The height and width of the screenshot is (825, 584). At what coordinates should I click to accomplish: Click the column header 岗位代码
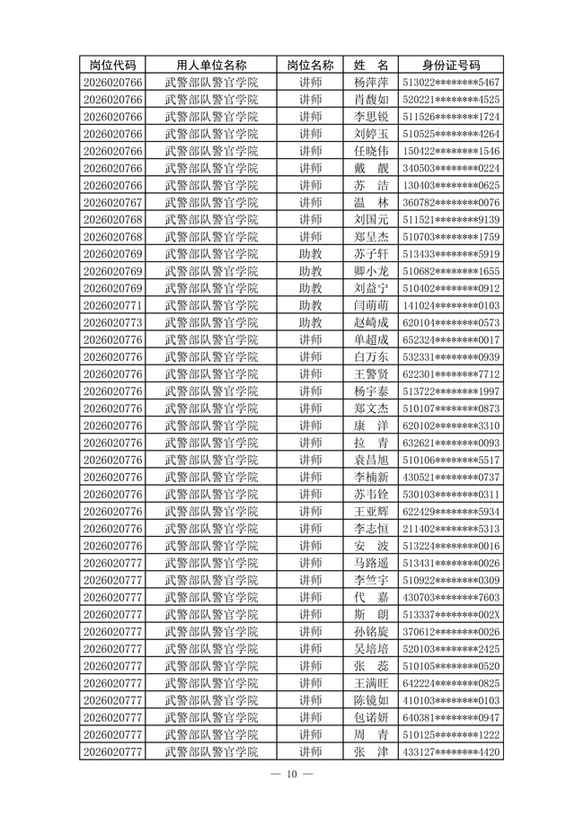(x=112, y=65)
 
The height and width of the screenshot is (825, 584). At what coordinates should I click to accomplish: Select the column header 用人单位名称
(x=211, y=65)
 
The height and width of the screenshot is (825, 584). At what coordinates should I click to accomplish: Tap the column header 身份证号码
(x=451, y=65)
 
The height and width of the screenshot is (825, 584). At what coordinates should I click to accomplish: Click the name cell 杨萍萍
(x=371, y=82)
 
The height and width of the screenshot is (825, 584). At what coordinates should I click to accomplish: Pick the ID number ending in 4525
(x=451, y=99)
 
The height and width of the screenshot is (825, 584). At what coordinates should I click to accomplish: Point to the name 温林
(x=371, y=202)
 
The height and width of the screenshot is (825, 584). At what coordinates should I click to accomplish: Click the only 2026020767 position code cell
(x=112, y=202)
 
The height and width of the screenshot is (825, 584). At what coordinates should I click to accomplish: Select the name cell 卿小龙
(x=371, y=271)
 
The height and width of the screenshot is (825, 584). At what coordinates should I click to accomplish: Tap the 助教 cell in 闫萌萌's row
(x=310, y=305)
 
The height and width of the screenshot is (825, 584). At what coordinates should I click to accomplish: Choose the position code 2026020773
(x=112, y=322)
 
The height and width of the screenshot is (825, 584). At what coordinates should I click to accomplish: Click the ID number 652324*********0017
(x=451, y=339)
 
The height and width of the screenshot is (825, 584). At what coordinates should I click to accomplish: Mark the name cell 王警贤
(x=371, y=373)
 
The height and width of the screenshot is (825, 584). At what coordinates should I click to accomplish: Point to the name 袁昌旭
(x=371, y=460)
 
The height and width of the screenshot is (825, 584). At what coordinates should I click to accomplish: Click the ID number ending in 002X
(x=451, y=614)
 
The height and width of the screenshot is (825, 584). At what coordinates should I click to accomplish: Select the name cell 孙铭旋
(x=371, y=631)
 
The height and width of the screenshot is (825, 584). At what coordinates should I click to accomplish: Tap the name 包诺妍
(x=371, y=717)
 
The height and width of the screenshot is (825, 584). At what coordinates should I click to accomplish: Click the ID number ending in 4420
(x=451, y=751)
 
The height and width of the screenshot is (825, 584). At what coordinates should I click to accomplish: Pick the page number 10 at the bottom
(x=292, y=775)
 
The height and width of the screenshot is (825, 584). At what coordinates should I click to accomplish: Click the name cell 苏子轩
(x=371, y=253)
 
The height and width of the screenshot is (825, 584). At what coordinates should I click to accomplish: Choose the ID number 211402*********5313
(x=451, y=528)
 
